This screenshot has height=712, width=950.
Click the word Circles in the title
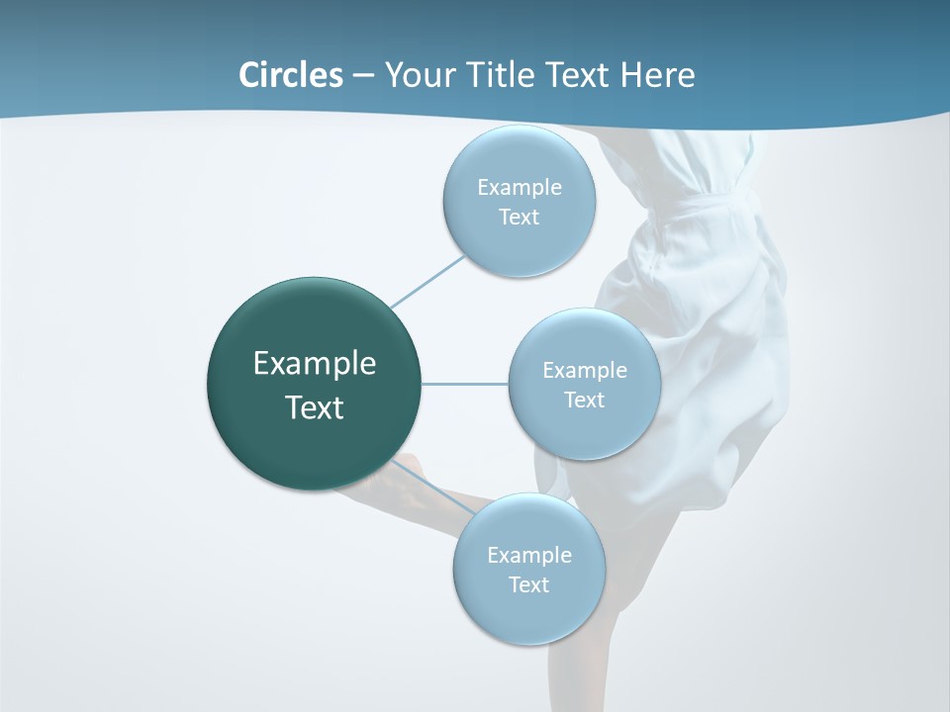click(x=291, y=75)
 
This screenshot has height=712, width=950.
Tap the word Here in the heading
click(x=657, y=75)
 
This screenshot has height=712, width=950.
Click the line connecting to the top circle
click(x=427, y=282)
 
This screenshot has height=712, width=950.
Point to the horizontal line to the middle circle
click(x=465, y=384)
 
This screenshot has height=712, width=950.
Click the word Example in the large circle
click(x=315, y=364)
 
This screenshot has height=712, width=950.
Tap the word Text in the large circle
click(x=315, y=407)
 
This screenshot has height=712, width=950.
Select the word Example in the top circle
click(x=520, y=188)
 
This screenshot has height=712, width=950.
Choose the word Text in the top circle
click(x=519, y=218)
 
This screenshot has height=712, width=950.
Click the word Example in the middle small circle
click(x=585, y=371)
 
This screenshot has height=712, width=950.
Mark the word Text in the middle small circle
click(x=584, y=400)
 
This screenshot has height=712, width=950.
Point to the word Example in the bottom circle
click(x=529, y=556)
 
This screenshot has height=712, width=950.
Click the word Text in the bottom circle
click(x=528, y=585)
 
